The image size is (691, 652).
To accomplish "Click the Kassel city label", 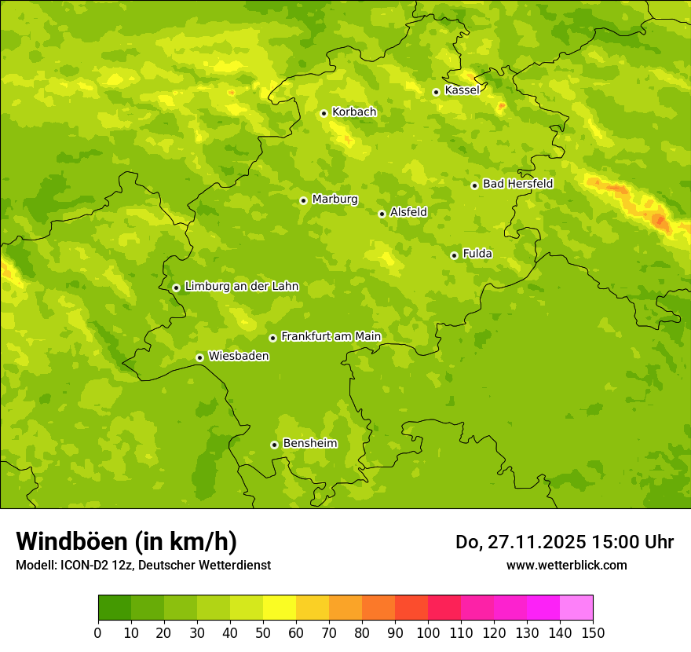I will pos(462,90).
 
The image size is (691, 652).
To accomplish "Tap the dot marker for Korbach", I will pos(324,113).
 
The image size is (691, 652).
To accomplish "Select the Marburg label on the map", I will pos(335,200).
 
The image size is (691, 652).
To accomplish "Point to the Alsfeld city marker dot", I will pos(382,214).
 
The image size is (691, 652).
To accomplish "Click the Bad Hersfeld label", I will pos(517,184).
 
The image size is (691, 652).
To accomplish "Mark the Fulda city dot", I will pos(454,255).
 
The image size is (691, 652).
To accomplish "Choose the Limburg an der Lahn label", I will pos(241,287).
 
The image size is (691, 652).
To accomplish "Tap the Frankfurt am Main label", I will pos(331,337).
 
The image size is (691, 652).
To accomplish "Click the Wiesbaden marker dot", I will pos(199,357).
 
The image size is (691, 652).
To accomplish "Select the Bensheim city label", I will pos(309,444).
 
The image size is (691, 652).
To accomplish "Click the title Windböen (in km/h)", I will pos(126,541).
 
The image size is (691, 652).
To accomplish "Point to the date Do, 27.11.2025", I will pos(520,542).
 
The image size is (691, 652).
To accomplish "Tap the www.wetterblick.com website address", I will pos(566,566).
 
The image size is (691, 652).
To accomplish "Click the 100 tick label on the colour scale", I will pos(428,633).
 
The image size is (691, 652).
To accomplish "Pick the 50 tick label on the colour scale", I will pos(263,633).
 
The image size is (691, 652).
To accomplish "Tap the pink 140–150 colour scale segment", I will pos(576,608).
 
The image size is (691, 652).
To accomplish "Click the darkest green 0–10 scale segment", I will pos(115,608).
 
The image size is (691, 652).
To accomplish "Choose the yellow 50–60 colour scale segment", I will pos(280,608).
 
